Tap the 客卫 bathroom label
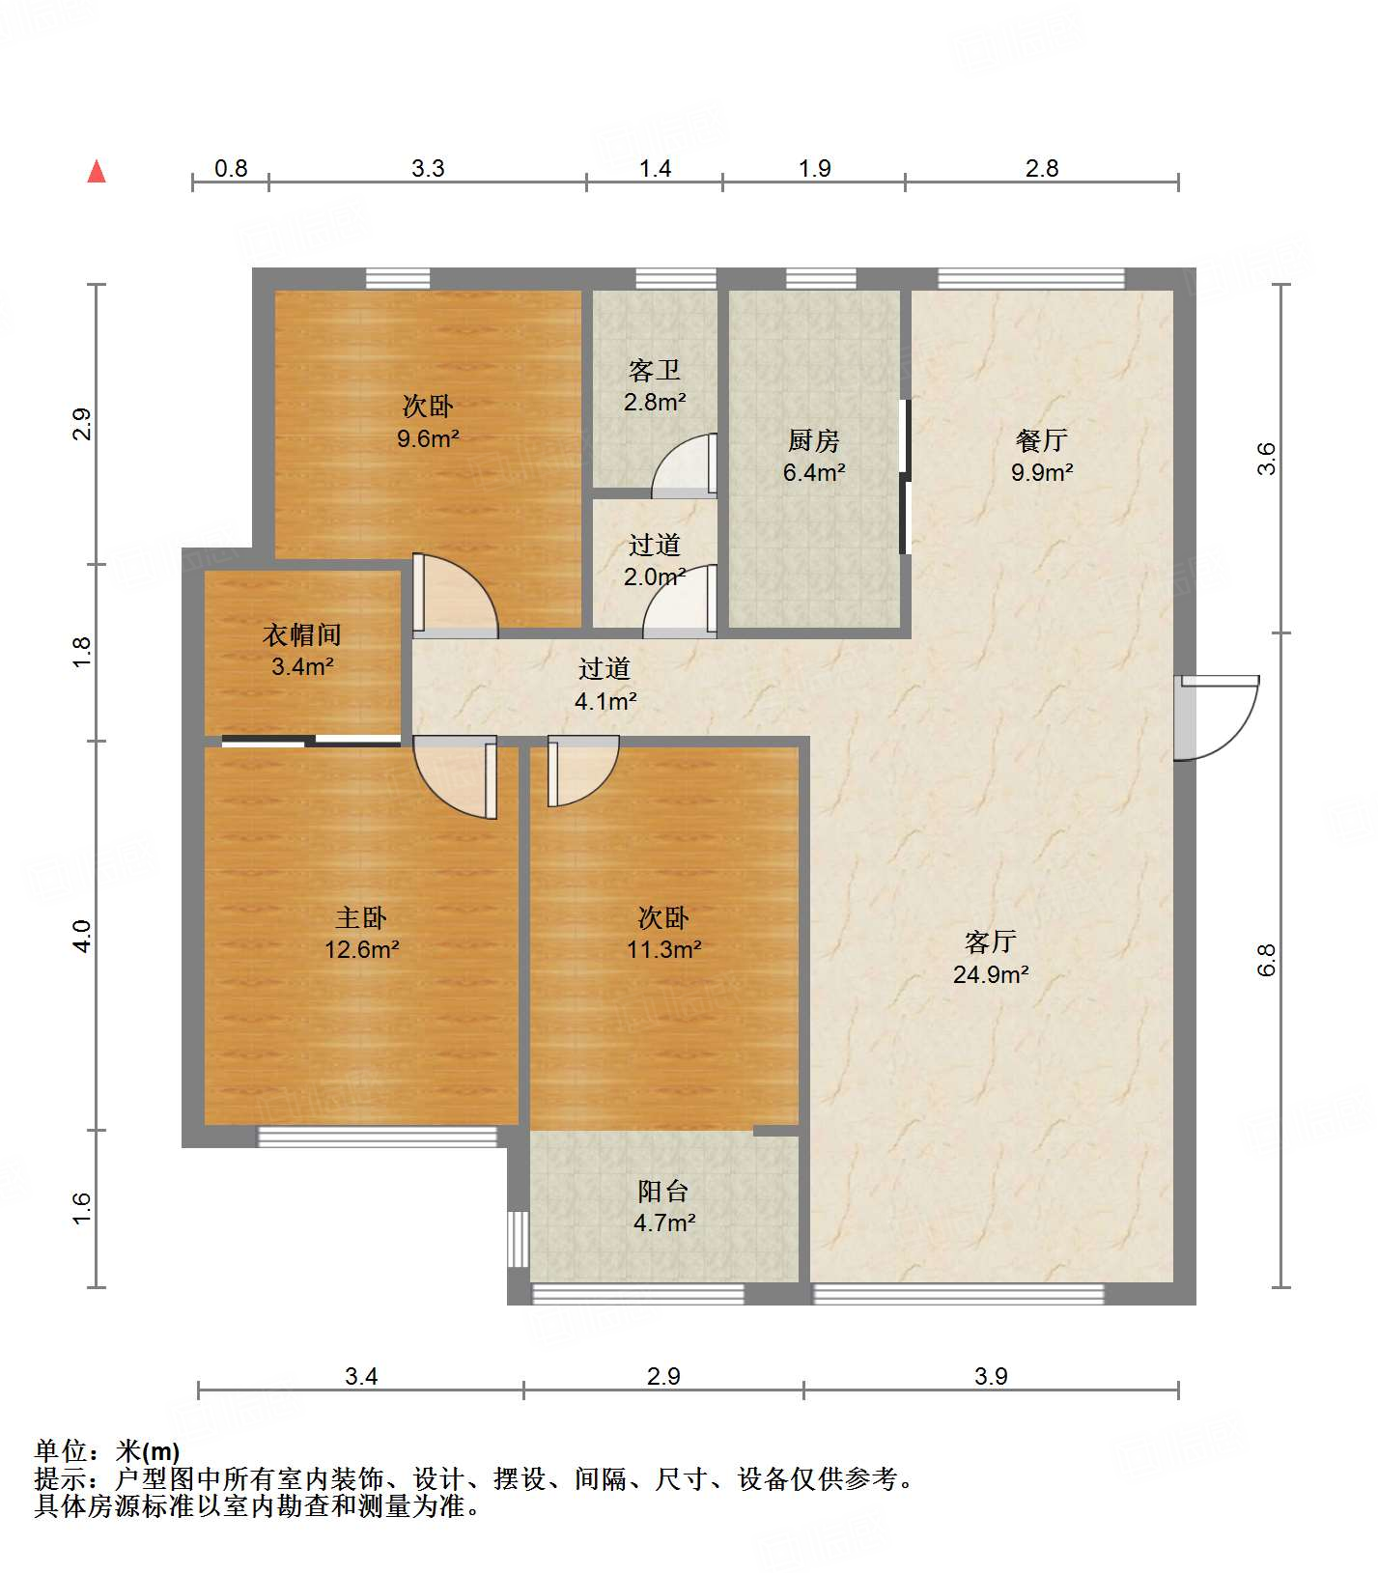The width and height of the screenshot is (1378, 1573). (655, 370)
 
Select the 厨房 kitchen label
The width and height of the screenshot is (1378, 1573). (813, 441)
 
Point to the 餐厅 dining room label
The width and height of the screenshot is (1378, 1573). (1042, 440)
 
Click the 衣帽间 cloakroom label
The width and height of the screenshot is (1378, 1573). (302, 634)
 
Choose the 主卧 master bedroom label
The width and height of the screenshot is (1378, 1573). (361, 917)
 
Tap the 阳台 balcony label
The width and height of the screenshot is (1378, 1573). (663, 1191)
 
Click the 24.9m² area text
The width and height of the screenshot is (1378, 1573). (991, 974)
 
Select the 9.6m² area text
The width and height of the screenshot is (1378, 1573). (428, 438)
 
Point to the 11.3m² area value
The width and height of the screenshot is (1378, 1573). (663, 949)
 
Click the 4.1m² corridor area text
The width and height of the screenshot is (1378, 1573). (605, 701)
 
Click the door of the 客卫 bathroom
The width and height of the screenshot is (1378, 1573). (685, 465)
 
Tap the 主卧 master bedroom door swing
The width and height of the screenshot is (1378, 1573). (455, 777)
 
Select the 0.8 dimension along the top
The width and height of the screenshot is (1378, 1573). (231, 168)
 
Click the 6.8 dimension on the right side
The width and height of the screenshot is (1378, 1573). (1267, 960)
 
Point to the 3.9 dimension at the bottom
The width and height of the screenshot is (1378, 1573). (991, 1375)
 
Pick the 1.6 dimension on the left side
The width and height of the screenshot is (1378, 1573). (83, 1208)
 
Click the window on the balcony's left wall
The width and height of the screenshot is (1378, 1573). (519, 1239)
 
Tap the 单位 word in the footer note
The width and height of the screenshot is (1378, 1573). (61, 1450)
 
